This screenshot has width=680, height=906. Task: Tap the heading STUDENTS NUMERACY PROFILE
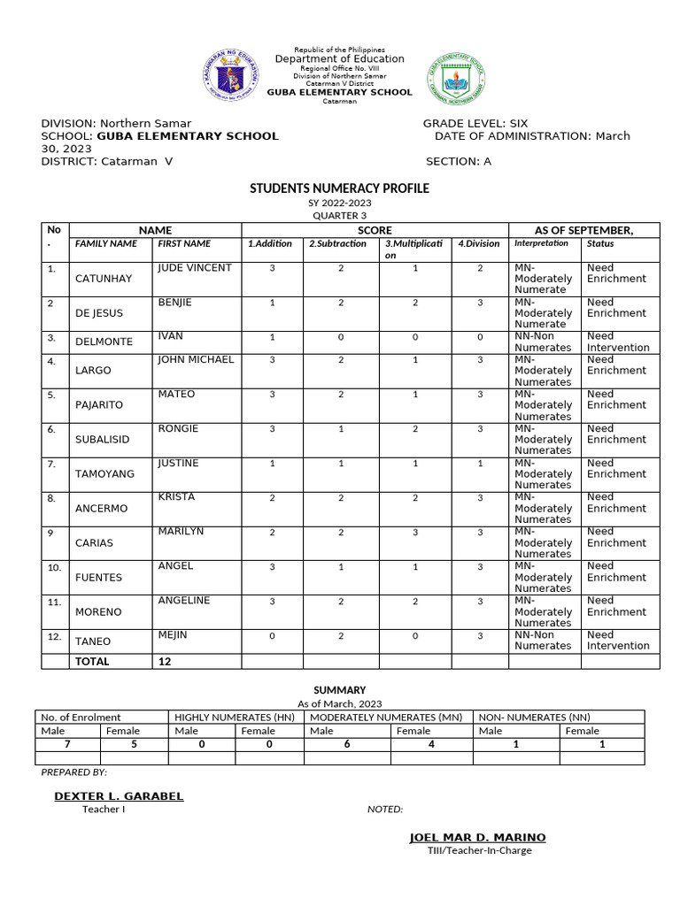(339, 188)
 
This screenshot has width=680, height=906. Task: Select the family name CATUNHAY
(104, 279)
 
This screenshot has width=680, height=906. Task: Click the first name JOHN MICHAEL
(196, 360)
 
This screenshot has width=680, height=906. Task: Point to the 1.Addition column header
(269, 244)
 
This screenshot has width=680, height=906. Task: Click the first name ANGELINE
(184, 601)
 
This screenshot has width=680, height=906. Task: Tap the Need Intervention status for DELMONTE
(618, 342)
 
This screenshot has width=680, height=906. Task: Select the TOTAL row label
(93, 662)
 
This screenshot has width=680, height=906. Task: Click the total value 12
(165, 662)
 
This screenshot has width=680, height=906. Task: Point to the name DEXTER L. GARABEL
(119, 796)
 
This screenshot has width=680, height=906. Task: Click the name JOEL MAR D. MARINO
(477, 838)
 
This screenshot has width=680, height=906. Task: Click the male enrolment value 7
(68, 744)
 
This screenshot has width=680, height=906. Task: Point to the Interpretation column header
(541, 243)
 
